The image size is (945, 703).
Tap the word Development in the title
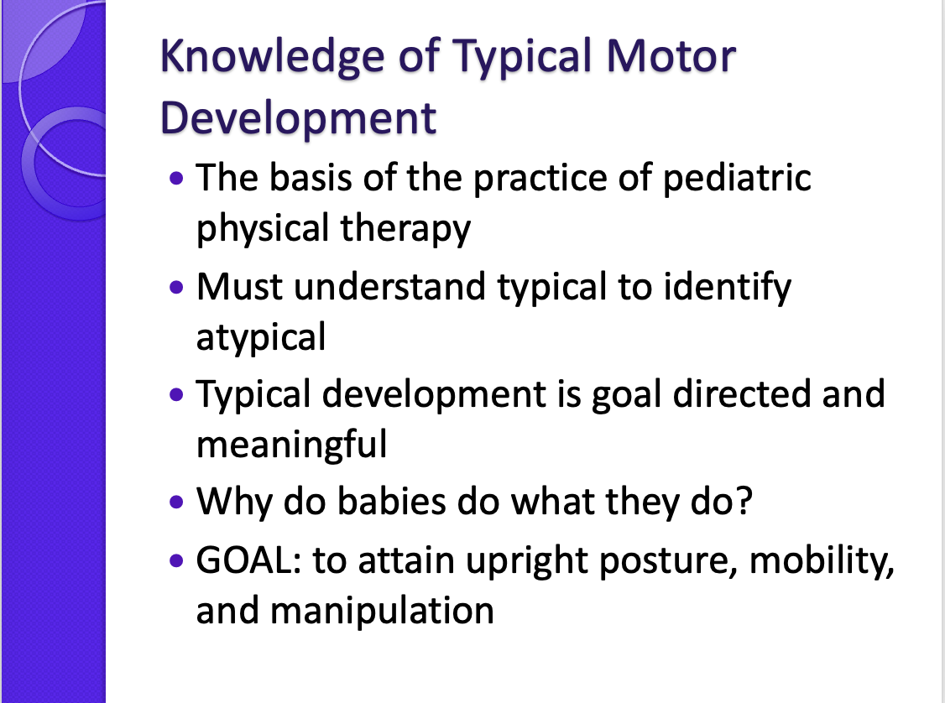[x=298, y=117]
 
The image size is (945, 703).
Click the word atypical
[x=260, y=337]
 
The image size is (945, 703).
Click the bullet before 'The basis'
[x=175, y=180]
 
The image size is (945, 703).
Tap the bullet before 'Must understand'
[x=175, y=287]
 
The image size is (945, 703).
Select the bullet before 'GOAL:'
[x=175, y=560]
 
